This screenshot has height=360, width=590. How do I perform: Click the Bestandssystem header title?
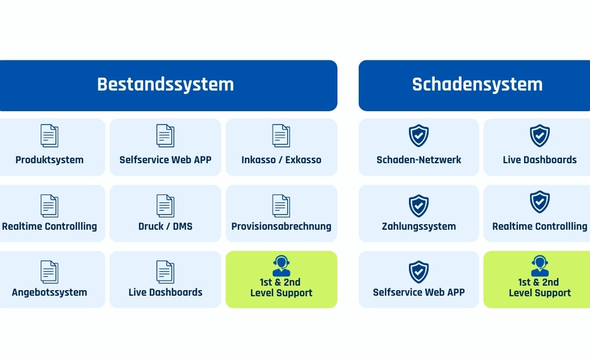pyautogui.click(x=165, y=84)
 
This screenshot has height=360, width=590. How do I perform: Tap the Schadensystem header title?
pyautogui.click(x=477, y=84)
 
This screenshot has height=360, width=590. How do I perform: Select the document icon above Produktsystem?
pyautogui.click(x=49, y=136)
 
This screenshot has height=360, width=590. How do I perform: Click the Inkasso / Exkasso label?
pyautogui.click(x=281, y=160)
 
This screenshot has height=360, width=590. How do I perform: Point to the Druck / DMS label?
pyautogui.click(x=165, y=226)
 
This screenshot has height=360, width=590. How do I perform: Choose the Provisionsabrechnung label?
pyautogui.click(x=281, y=226)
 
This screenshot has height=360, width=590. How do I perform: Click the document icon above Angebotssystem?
pyautogui.click(x=49, y=272)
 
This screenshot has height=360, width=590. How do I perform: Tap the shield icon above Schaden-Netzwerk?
pyautogui.click(x=419, y=136)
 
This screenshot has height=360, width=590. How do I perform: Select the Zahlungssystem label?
pyautogui.click(x=419, y=226)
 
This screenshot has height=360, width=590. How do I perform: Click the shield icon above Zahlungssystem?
pyautogui.click(x=419, y=206)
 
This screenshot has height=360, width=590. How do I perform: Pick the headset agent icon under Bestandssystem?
pyautogui.click(x=281, y=266)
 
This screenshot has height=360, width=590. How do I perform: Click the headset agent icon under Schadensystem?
pyautogui.click(x=540, y=266)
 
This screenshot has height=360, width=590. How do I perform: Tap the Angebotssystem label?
pyautogui.click(x=49, y=292)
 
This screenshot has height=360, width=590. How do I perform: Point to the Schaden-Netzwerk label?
pyautogui.click(x=419, y=160)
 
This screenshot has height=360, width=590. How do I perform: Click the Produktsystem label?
pyautogui.click(x=49, y=160)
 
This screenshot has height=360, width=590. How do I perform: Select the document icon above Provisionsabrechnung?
pyautogui.click(x=281, y=206)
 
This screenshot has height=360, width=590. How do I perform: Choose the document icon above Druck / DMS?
pyautogui.click(x=165, y=206)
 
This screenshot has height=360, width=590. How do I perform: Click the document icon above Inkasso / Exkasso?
pyautogui.click(x=281, y=136)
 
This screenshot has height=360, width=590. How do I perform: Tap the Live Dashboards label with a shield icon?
pyautogui.click(x=540, y=160)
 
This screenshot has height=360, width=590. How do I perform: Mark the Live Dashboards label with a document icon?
pyautogui.click(x=165, y=292)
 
